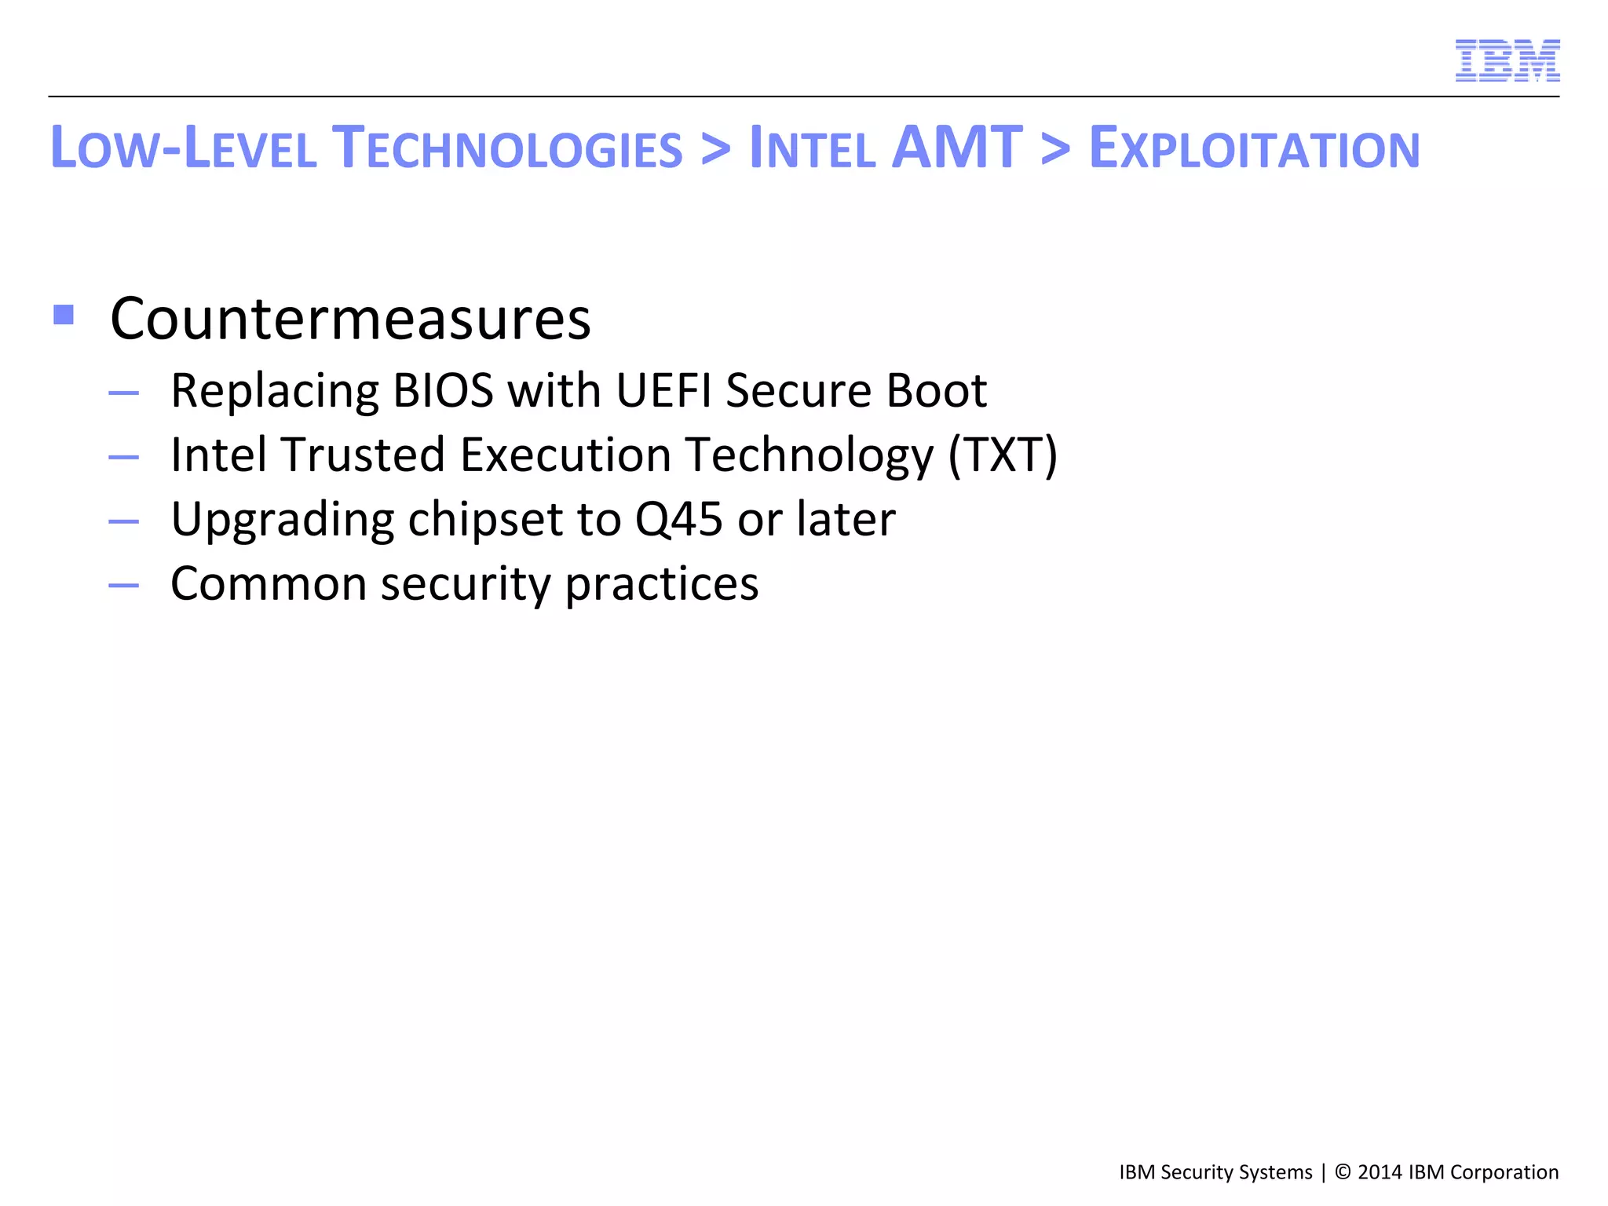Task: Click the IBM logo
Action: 1507,60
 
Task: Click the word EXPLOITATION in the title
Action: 1254,148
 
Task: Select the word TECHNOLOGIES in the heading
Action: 507,148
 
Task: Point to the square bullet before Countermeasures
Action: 64,316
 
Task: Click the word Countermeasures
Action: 350,319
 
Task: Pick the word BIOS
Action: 443,390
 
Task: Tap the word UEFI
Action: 663,390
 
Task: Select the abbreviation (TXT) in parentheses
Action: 1003,455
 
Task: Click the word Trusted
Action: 364,455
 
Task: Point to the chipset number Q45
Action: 678,520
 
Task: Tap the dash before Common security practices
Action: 124,585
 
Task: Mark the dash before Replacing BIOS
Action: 124,392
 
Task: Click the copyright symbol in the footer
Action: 1343,1172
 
